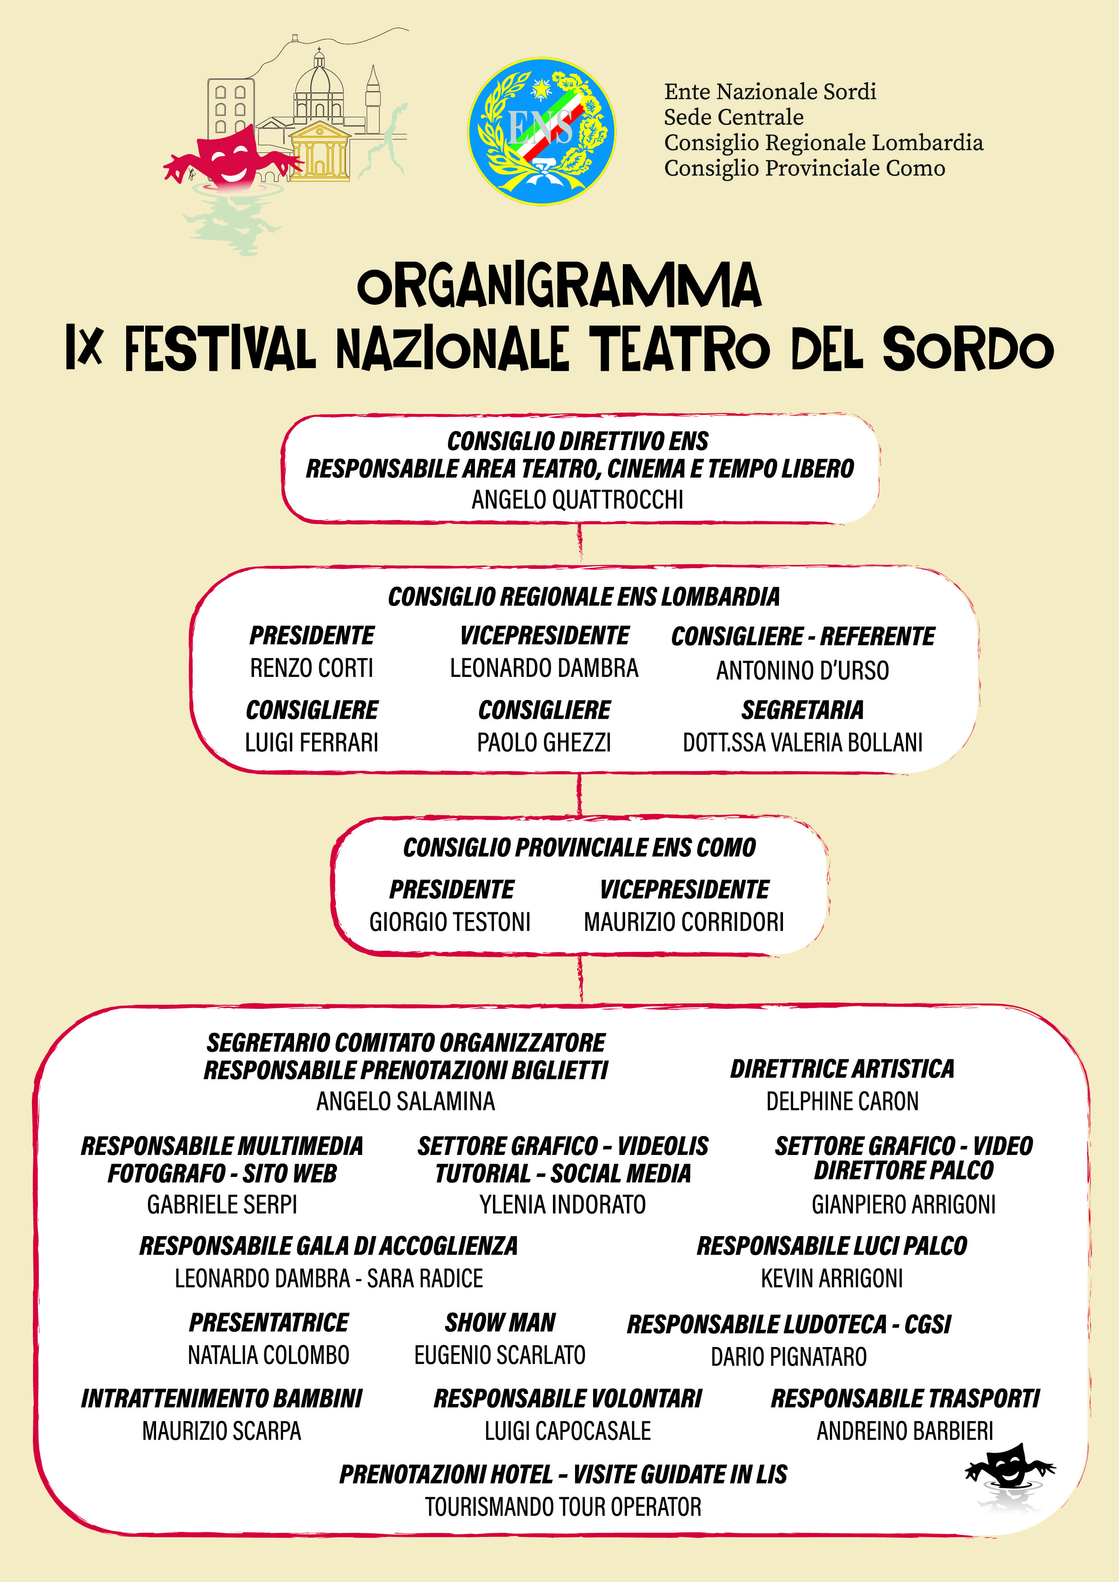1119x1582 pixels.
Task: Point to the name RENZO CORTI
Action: (312, 668)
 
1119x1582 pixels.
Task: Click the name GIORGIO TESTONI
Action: (450, 922)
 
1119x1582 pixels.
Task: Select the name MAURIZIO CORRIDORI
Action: (683, 922)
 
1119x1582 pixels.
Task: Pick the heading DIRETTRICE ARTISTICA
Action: (842, 1069)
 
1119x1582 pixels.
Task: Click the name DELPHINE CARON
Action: (842, 1101)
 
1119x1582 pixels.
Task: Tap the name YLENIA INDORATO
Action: (562, 1205)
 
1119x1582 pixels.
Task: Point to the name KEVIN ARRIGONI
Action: (832, 1278)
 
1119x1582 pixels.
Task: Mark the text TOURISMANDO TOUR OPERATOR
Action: (563, 1507)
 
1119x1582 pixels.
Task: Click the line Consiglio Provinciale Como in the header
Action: (804, 168)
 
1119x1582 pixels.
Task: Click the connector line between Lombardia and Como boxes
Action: (580, 796)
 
